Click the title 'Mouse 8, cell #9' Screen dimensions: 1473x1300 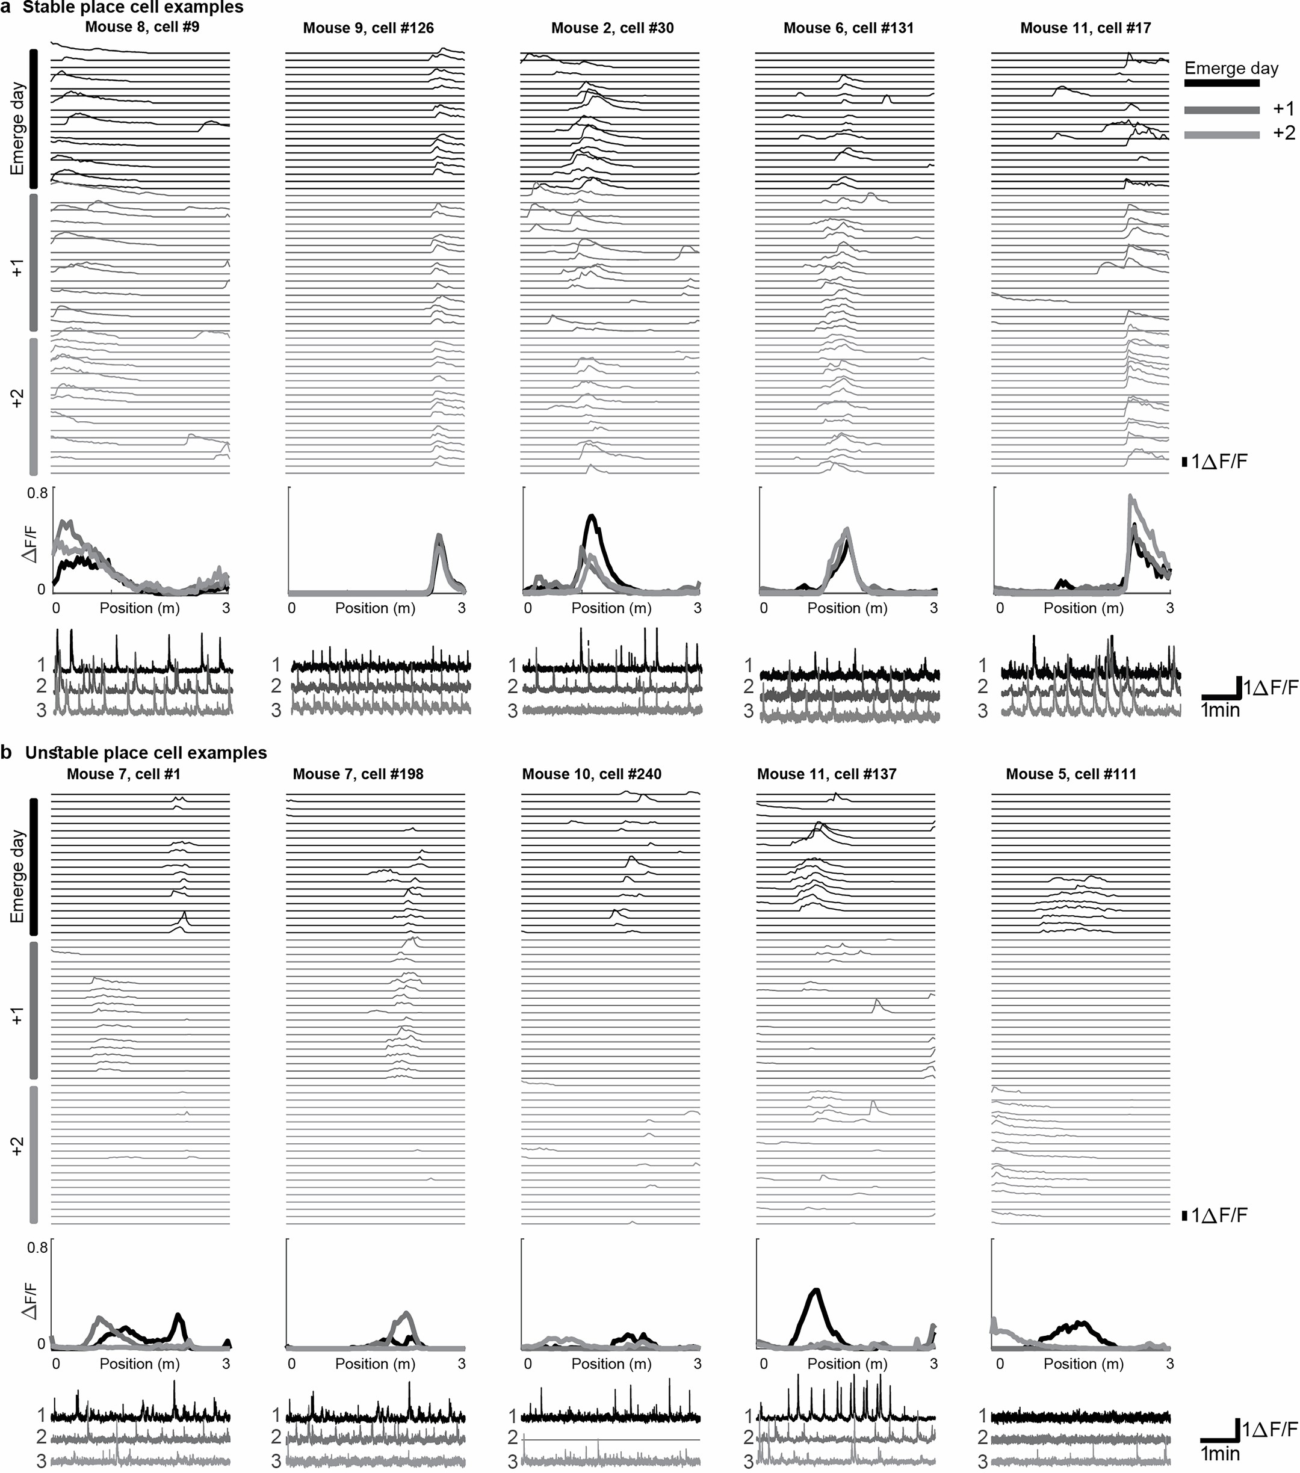[x=142, y=28]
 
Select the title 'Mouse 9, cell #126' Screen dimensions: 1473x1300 [x=368, y=28]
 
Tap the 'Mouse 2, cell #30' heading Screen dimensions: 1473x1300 [x=613, y=28]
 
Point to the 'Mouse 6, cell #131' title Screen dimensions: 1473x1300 [x=848, y=28]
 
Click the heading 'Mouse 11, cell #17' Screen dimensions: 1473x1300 [x=1085, y=28]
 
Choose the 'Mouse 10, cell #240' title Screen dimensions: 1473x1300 [x=592, y=774]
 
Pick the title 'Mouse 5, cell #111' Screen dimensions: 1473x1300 [x=1071, y=774]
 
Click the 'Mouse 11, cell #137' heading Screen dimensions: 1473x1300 [x=826, y=774]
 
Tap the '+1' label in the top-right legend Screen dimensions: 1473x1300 [x=1283, y=109]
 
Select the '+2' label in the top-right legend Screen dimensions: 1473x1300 [x=1283, y=132]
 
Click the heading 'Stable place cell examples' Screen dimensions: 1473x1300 [x=134, y=8]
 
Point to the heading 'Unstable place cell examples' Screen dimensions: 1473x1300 [x=146, y=753]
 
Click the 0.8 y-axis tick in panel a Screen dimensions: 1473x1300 [x=37, y=493]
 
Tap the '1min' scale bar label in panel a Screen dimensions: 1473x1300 [x=1220, y=711]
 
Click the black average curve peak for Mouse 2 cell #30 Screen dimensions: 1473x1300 [x=592, y=516]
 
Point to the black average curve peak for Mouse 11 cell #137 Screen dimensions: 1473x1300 [x=816, y=1289]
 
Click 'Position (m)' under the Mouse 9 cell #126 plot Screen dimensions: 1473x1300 [x=375, y=608]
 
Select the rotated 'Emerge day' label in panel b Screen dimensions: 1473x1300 [x=17, y=875]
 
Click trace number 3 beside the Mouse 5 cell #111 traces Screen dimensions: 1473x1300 [x=982, y=1462]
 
